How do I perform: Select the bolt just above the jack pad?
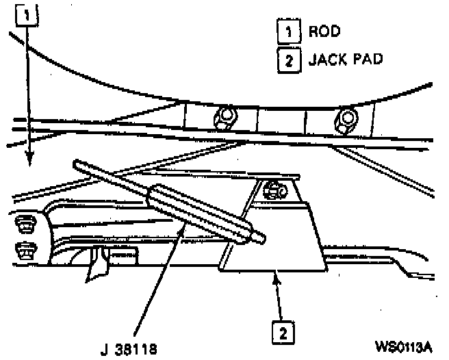(274, 190)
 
